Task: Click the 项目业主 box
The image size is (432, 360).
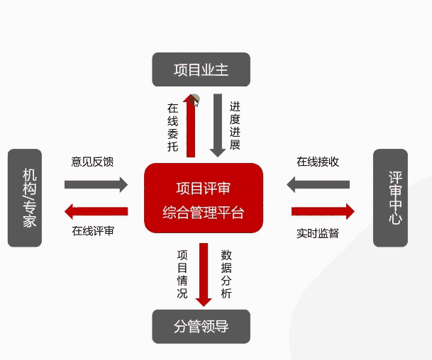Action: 201,69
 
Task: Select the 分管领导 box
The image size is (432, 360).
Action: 201,326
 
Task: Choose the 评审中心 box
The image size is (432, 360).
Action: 391,198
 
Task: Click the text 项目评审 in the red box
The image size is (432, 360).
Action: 203,189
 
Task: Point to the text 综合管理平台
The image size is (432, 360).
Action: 203,212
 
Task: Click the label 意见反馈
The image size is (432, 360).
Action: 93,162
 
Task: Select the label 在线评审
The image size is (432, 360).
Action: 93,231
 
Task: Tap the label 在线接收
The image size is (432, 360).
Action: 318,162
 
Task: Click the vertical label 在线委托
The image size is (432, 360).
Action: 172,128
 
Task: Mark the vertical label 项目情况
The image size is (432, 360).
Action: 182,273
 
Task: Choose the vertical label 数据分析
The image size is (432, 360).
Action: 226,273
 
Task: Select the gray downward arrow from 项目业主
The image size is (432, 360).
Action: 217,125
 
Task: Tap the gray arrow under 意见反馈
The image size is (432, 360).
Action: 96,185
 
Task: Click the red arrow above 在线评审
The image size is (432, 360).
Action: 96,210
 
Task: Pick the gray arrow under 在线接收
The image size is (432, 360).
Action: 319,185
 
